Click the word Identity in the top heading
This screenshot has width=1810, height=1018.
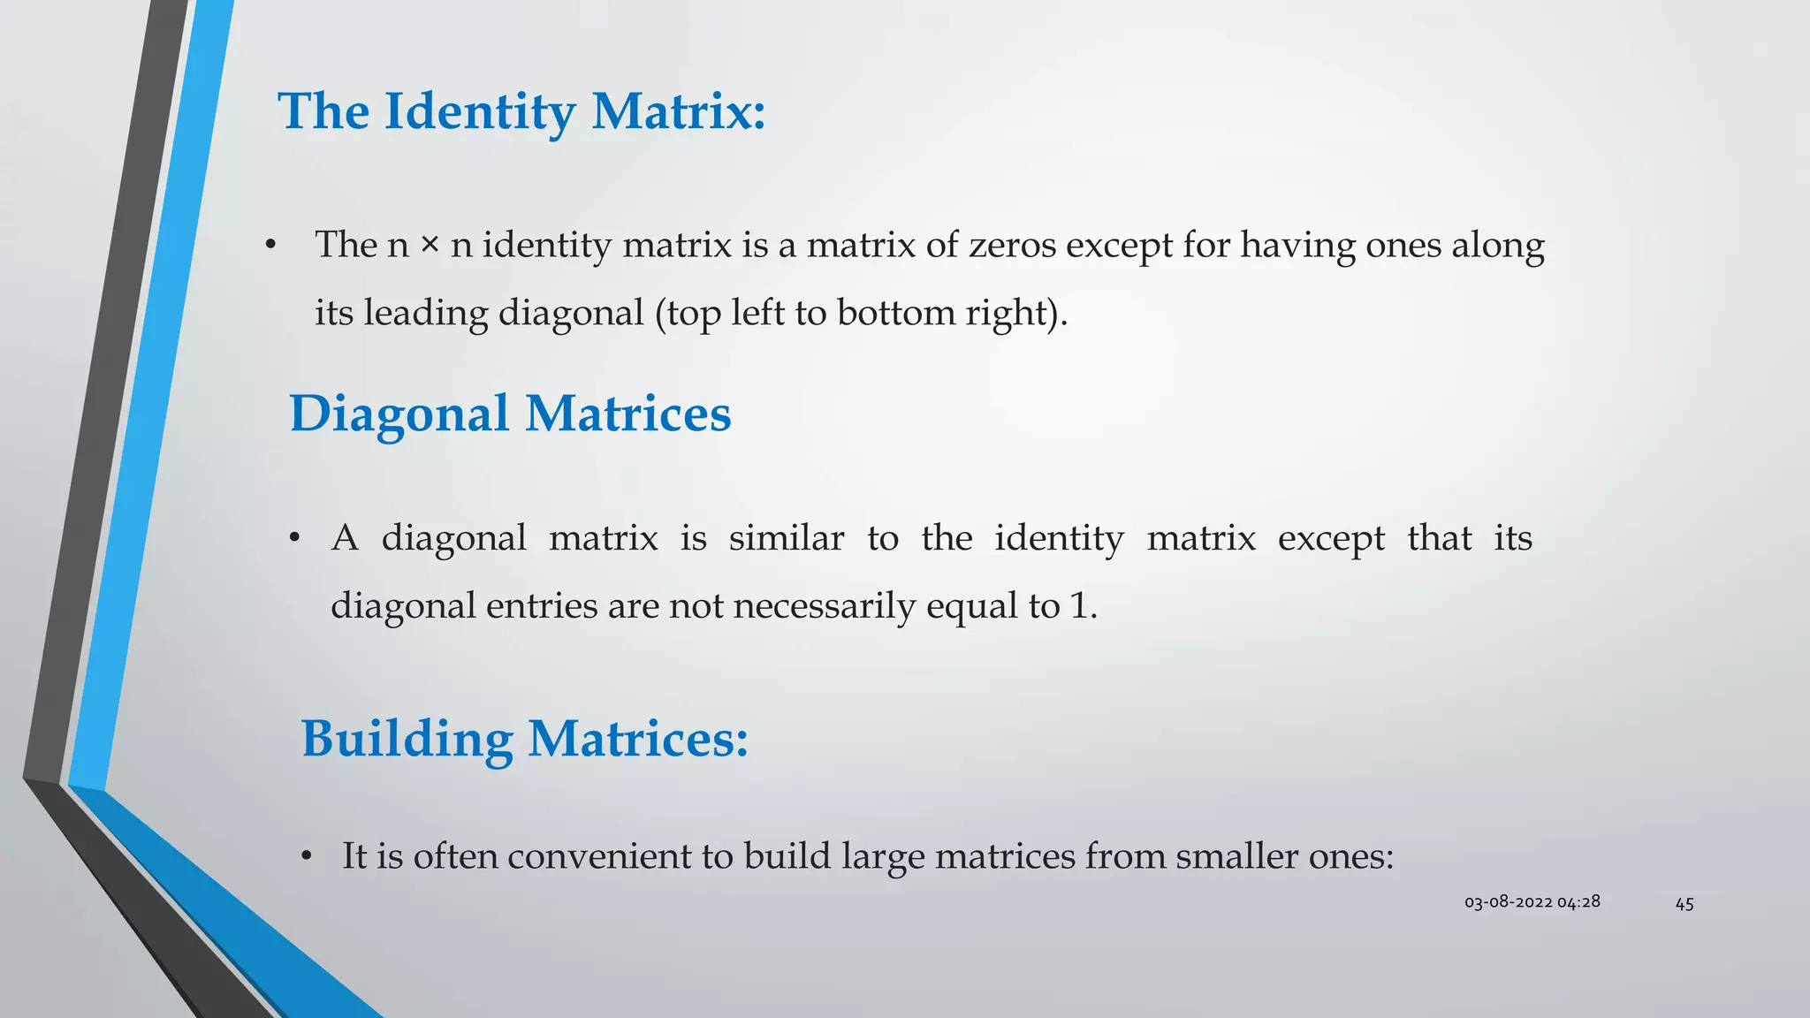479,113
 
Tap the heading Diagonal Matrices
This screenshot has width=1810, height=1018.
510,414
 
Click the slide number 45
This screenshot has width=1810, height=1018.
1685,904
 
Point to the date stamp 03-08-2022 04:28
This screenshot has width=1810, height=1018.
1532,902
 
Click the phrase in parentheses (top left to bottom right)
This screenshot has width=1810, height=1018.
861,314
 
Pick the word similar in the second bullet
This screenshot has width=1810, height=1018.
786,538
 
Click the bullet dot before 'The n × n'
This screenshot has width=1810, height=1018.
271,245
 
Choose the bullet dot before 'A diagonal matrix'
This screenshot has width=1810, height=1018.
295,538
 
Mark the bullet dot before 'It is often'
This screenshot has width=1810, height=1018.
306,856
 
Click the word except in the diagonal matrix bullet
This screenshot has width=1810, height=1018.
1331,538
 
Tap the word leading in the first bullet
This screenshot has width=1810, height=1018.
426,314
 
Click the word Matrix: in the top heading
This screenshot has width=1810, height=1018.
678,113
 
